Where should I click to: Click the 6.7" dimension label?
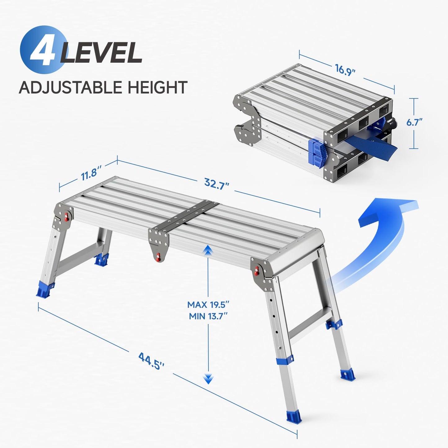pos(414,122)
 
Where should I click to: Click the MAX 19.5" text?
pos(208,304)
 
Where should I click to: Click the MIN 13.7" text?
pos(208,316)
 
